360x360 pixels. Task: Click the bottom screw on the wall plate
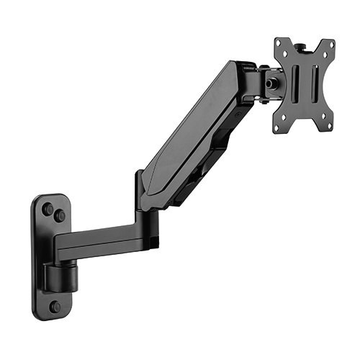pyautogui.click(x=55, y=306)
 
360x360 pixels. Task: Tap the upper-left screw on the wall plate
pyautogui.click(x=48, y=210)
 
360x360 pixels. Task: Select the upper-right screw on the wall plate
pyautogui.click(x=60, y=215)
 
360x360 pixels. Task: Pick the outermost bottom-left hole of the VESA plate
pyautogui.click(x=278, y=127)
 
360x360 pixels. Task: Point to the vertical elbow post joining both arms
pyautogui.click(x=140, y=194)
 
